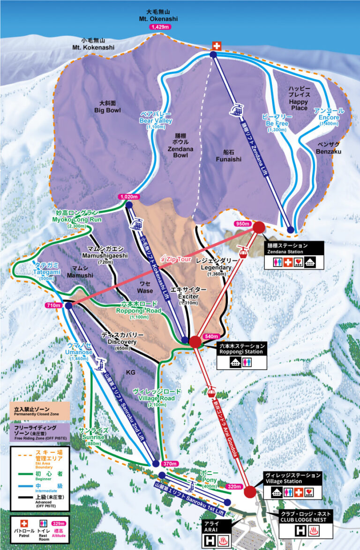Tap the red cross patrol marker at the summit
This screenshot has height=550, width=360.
click(x=216, y=46)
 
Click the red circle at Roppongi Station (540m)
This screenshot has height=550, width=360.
click(x=195, y=342)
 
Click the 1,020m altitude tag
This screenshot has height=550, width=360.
click(x=129, y=197)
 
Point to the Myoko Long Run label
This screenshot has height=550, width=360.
click(x=76, y=217)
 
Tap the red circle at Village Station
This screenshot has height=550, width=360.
click(x=250, y=491)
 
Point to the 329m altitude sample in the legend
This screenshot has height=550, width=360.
click(x=59, y=523)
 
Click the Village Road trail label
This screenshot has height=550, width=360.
click(x=156, y=394)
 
